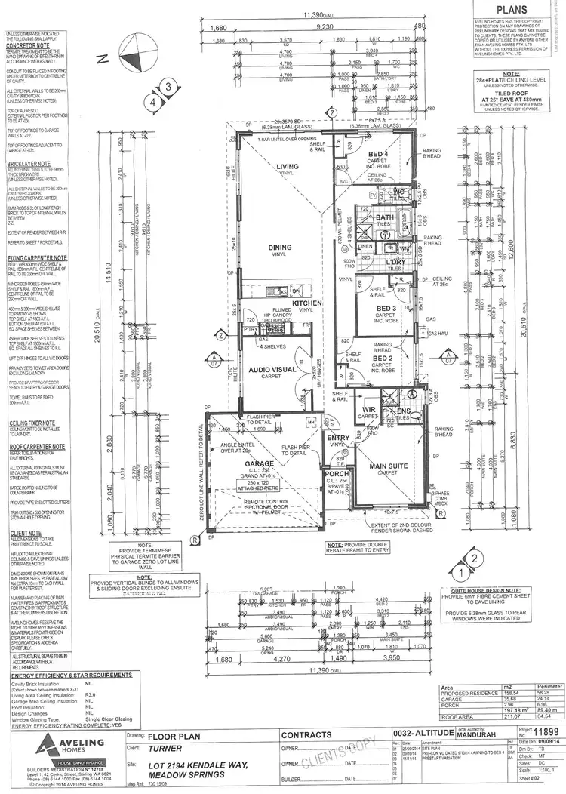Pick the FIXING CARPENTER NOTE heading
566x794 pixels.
34,257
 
